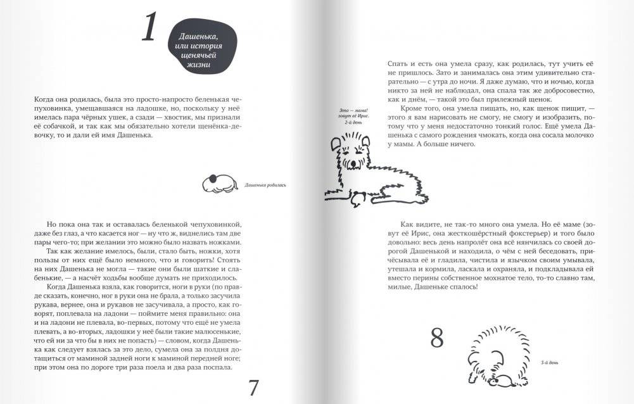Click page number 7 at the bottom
coord(253,387)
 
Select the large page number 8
coord(437,339)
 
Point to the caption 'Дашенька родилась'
coord(265,186)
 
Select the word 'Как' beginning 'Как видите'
coord(409,225)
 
